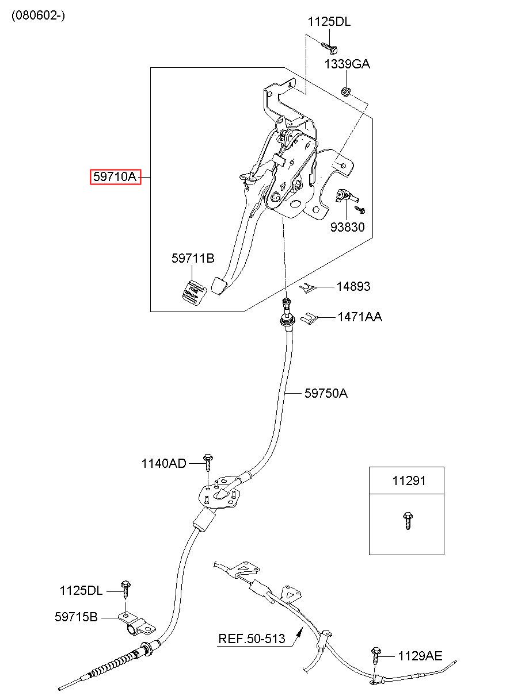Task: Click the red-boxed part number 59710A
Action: click(x=115, y=177)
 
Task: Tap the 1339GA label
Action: click(x=347, y=64)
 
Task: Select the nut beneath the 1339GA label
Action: click(x=346, y=91)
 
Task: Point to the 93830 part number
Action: click(x=347, y=227)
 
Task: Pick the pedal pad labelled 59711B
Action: click(x=194, y=292)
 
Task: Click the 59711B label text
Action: click(x=193, y=258)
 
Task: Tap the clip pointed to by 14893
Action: click(x=308, y=288)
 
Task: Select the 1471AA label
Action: click(x=360, y=317)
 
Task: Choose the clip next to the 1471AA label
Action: click(x=309, y=317)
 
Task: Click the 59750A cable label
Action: click(x=326, y=393)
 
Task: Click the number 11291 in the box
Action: click(x=409, y=480)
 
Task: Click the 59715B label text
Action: click(x=76, y=617)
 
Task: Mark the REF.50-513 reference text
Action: click(x=252, y=639)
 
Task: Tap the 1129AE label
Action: click(x=420, y=656)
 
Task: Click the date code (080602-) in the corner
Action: click(x=38, y=15)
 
